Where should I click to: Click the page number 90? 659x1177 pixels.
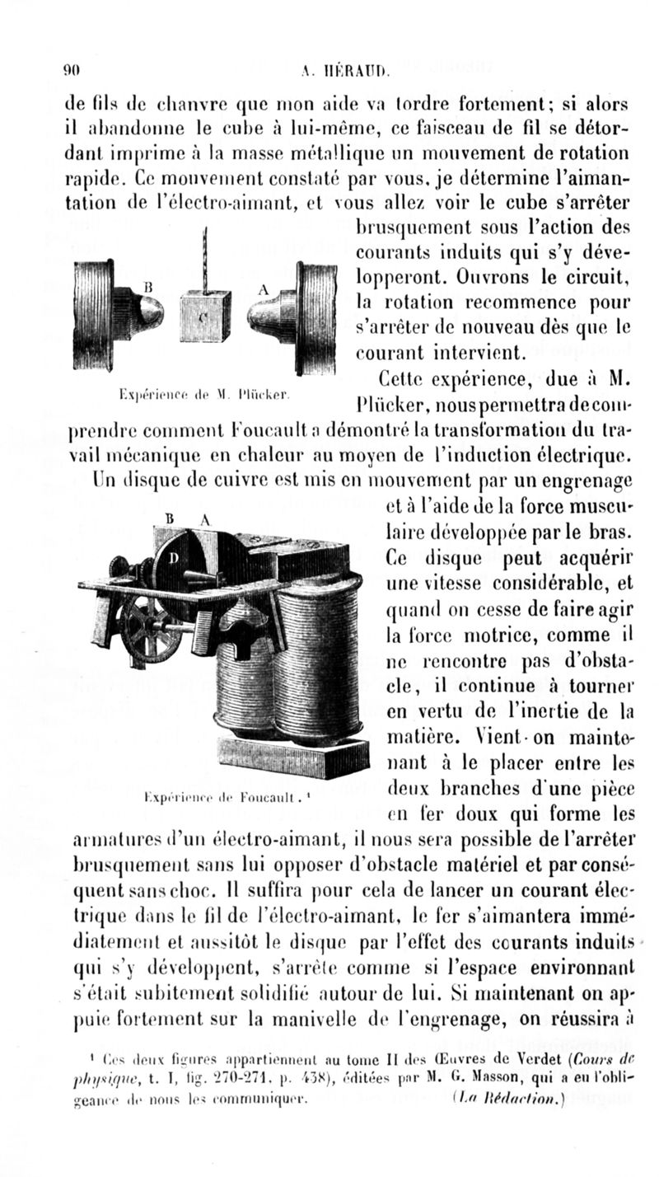point(72,72)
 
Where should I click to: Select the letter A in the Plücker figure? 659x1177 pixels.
point(264,288)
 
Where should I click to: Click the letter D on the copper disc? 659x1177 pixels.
point(174,558)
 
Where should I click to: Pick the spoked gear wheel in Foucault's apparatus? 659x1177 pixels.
point(148,631)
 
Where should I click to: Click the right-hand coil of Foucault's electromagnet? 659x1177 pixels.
point(318,659)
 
